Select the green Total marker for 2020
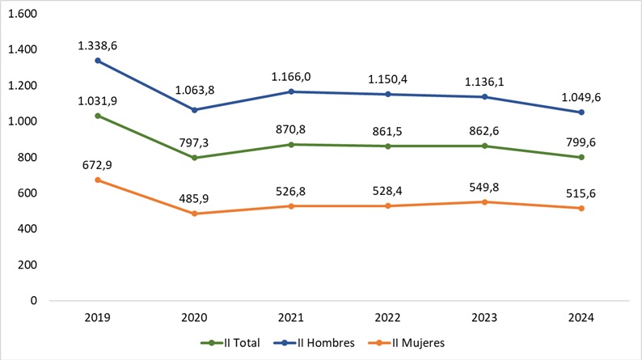click(x=196, y=158)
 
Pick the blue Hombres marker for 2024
click(x=581, y=112)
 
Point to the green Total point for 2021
click(x=292, y=145)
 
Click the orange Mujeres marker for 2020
click(x=196, y=214)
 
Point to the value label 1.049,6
click(x=581, y=97)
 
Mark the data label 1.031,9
click(x=99, y=100)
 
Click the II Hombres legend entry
click(x=323, y=343)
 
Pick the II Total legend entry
click(x=235, y=343)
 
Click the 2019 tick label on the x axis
click(x=99, y=319)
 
